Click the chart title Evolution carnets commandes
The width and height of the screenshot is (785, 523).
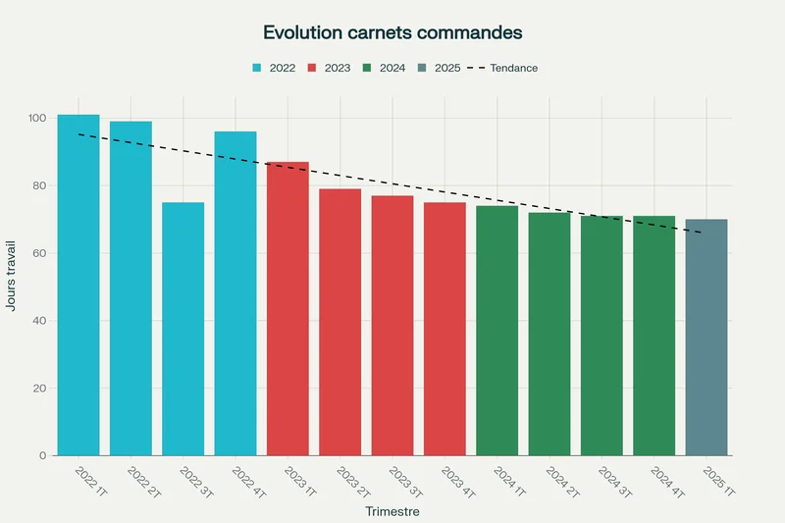(392, 32)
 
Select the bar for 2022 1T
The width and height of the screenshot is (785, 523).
(78, 285)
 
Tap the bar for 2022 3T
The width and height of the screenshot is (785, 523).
(183, 329)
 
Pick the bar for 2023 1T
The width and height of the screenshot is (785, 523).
(288, 309)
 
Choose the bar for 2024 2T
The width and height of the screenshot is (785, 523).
(549, 334)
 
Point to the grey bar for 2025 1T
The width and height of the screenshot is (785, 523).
(706, 338)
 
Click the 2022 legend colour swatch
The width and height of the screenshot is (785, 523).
(257, 68)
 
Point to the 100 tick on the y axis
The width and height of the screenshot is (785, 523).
(37, 118)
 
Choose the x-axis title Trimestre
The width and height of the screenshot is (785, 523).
(392, 511)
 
